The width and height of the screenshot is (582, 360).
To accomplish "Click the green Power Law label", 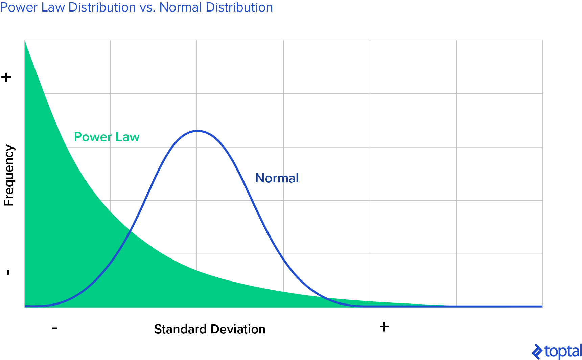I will pos(107,137).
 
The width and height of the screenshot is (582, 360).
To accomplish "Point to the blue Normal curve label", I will pos(277,178).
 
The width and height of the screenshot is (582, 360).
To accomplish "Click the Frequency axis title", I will pos(9,176).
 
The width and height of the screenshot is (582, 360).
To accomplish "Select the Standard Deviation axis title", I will pos(210,329).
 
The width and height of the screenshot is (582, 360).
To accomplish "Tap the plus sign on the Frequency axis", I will pos(6,77).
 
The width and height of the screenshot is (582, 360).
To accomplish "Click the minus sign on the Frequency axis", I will pos(8,272).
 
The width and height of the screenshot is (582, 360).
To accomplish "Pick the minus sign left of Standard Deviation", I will pos(55,328).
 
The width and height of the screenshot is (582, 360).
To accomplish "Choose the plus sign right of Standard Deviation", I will pos(384,327).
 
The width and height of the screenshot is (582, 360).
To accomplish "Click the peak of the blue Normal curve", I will pos(197,131).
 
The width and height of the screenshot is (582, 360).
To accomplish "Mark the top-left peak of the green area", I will pos(25,41).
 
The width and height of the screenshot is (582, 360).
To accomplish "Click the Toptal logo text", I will pos(563,352).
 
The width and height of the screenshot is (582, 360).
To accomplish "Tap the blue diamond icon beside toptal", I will pos(537,352).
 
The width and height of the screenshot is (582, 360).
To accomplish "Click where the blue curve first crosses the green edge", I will pos(130,231).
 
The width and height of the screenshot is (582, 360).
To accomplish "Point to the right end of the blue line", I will pos(542,306).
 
